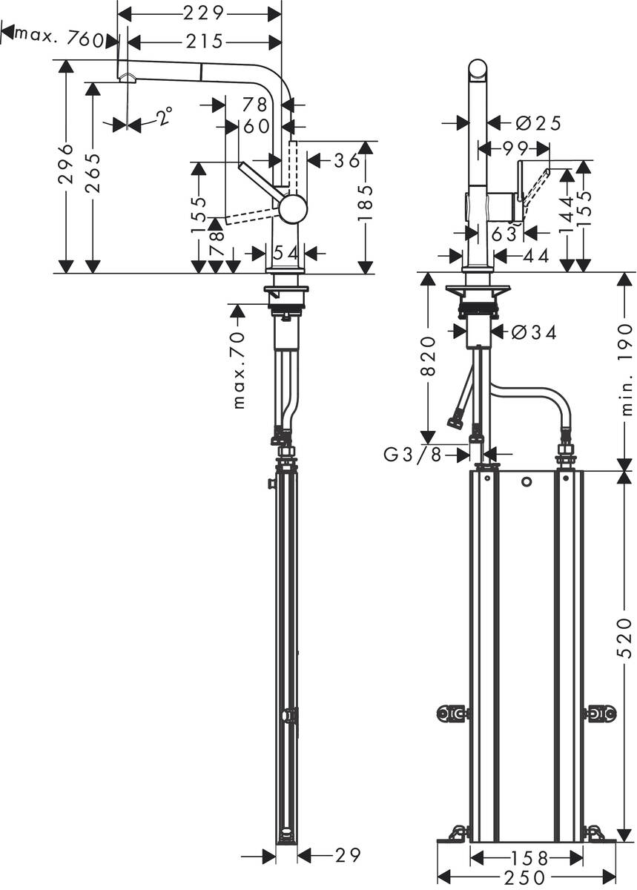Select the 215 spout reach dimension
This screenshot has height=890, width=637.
[x=204, y=42]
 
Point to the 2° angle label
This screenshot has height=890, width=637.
[x=165, y=115]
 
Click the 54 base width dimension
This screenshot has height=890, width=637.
[x=286, y=253]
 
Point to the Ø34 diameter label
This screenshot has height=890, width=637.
[x=534, y=333]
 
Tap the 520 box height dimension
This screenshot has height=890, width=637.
[x=625, y=637]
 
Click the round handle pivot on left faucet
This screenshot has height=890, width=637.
[x=293, y=208]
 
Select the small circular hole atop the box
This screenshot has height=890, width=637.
[x=527, y=483]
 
